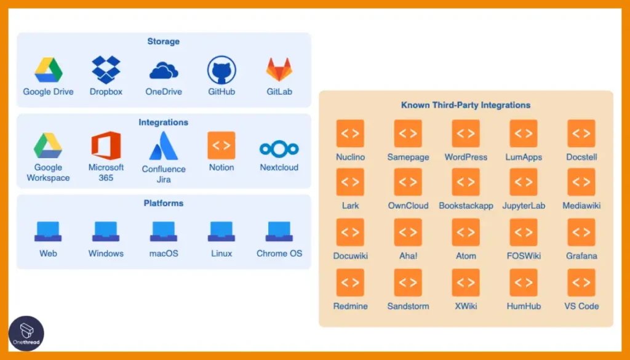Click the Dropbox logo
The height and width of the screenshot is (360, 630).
[x=106, y=70]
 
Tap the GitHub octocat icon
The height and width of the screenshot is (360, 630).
[x=221, y=70]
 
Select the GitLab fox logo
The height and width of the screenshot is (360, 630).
[x=279, y=70]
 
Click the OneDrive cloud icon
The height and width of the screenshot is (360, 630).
[x=164, y=70]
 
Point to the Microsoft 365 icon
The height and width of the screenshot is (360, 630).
[x=106, y=145]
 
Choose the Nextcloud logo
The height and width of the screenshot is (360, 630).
[x=279, y=150]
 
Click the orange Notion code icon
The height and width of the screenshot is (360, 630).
[x=221, y=145]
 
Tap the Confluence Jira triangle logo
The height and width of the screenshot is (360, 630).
[x=164, y=146]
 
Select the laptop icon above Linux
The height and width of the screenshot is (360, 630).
[x=221, y=231]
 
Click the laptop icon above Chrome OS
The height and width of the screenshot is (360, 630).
[x=279, y=231]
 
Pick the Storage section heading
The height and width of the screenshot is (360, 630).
[x=164, y=41]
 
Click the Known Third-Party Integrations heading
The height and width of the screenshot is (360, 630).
[x=466, y=105]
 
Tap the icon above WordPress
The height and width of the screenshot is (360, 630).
[x=466, y=134]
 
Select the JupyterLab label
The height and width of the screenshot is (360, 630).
[x=524, y=206]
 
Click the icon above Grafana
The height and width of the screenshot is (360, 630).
[x=581, y=232]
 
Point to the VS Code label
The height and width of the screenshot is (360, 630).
[x=581, y=306]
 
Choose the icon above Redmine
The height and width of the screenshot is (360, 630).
[x=350, y=283]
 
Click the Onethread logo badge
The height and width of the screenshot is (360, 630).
[x=26, y=333]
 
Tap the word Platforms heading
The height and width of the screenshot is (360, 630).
[x=164, y=203]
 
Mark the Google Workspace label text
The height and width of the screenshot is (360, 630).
[x=48, y=173]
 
